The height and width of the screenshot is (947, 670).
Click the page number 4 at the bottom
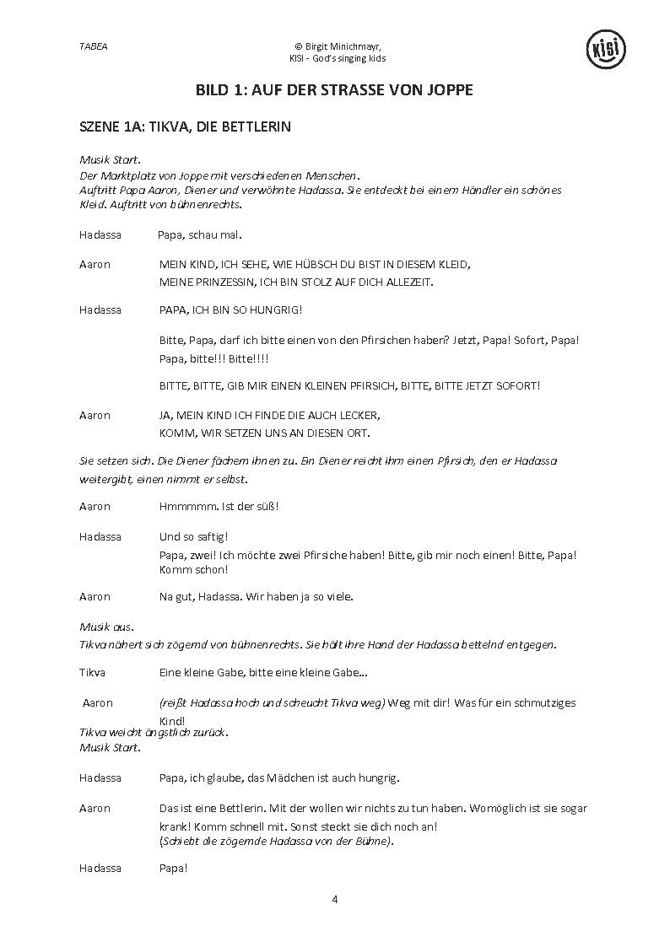tap(335, 899)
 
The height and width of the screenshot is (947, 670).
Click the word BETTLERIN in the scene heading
tap(251, 127)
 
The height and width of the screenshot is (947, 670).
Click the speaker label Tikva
tap(92, 672)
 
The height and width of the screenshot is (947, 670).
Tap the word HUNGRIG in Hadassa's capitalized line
tap(273, 309)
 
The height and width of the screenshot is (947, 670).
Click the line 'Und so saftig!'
tap(194, 536)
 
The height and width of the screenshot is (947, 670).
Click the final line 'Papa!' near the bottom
tap(173, 868)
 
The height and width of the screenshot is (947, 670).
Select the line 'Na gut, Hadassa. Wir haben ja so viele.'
tap(256, 596)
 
